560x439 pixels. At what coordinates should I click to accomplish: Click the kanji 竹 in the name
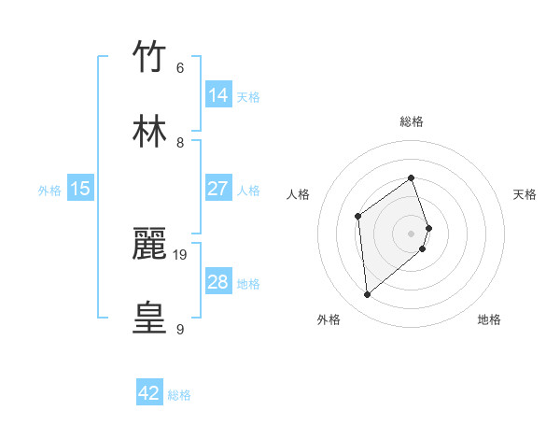coord(150,58)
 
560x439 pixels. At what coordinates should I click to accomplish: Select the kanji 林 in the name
coord(150,132)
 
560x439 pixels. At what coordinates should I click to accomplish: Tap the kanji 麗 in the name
coord(150,244)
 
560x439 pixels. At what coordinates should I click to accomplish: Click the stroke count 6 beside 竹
coord(179,68)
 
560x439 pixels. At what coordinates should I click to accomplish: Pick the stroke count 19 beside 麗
coord(181,254)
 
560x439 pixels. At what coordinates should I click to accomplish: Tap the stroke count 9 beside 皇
coord(179,329)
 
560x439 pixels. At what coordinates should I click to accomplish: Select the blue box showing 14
coord(217,95)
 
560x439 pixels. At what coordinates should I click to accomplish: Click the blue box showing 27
coord(217,189)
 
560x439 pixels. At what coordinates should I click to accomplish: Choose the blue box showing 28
coord(217,282)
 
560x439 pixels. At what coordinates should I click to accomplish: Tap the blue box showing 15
coord(80,189)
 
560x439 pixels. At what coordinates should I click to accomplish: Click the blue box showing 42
coord(149,393)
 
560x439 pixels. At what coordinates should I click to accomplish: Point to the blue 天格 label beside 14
coord(248,96)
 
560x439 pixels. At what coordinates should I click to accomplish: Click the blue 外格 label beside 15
coord(49,190)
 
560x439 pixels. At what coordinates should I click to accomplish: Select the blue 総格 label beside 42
coord(179,395)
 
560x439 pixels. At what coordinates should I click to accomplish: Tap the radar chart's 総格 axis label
coord(412,121)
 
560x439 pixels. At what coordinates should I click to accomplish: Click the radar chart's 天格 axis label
coord(525,194)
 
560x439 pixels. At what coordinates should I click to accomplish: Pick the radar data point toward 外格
coord(367,295)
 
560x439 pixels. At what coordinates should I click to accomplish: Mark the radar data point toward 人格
coord(358,217)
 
